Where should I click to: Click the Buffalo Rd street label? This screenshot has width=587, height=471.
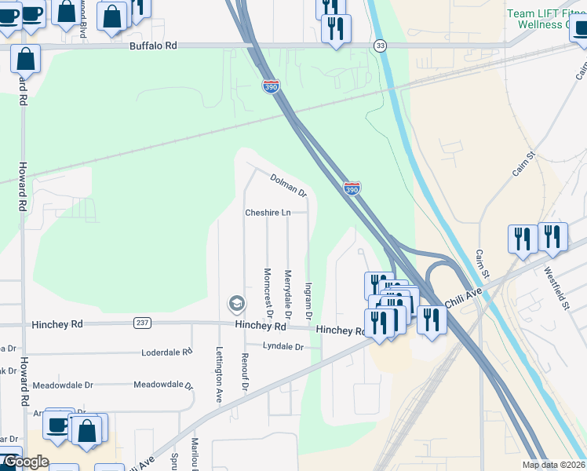click(x=153, y=46)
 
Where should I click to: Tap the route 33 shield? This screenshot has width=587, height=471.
click(x=380, y=46)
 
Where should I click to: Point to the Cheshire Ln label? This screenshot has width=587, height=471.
click(x=268, y=213)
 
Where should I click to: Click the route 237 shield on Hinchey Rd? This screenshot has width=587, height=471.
click(x=142, y=323)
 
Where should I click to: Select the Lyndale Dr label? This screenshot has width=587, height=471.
click(x=283, y=346)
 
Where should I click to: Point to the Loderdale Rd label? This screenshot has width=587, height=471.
click(x=166, y=353)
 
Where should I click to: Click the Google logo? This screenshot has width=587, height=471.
click(x=25, y=462)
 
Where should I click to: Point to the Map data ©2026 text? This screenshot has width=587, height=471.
click(x=552, y=465)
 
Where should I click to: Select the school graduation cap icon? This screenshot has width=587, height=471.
click(x=236, y=304)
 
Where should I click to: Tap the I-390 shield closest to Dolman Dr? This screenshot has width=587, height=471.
click(x=352, y=188)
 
